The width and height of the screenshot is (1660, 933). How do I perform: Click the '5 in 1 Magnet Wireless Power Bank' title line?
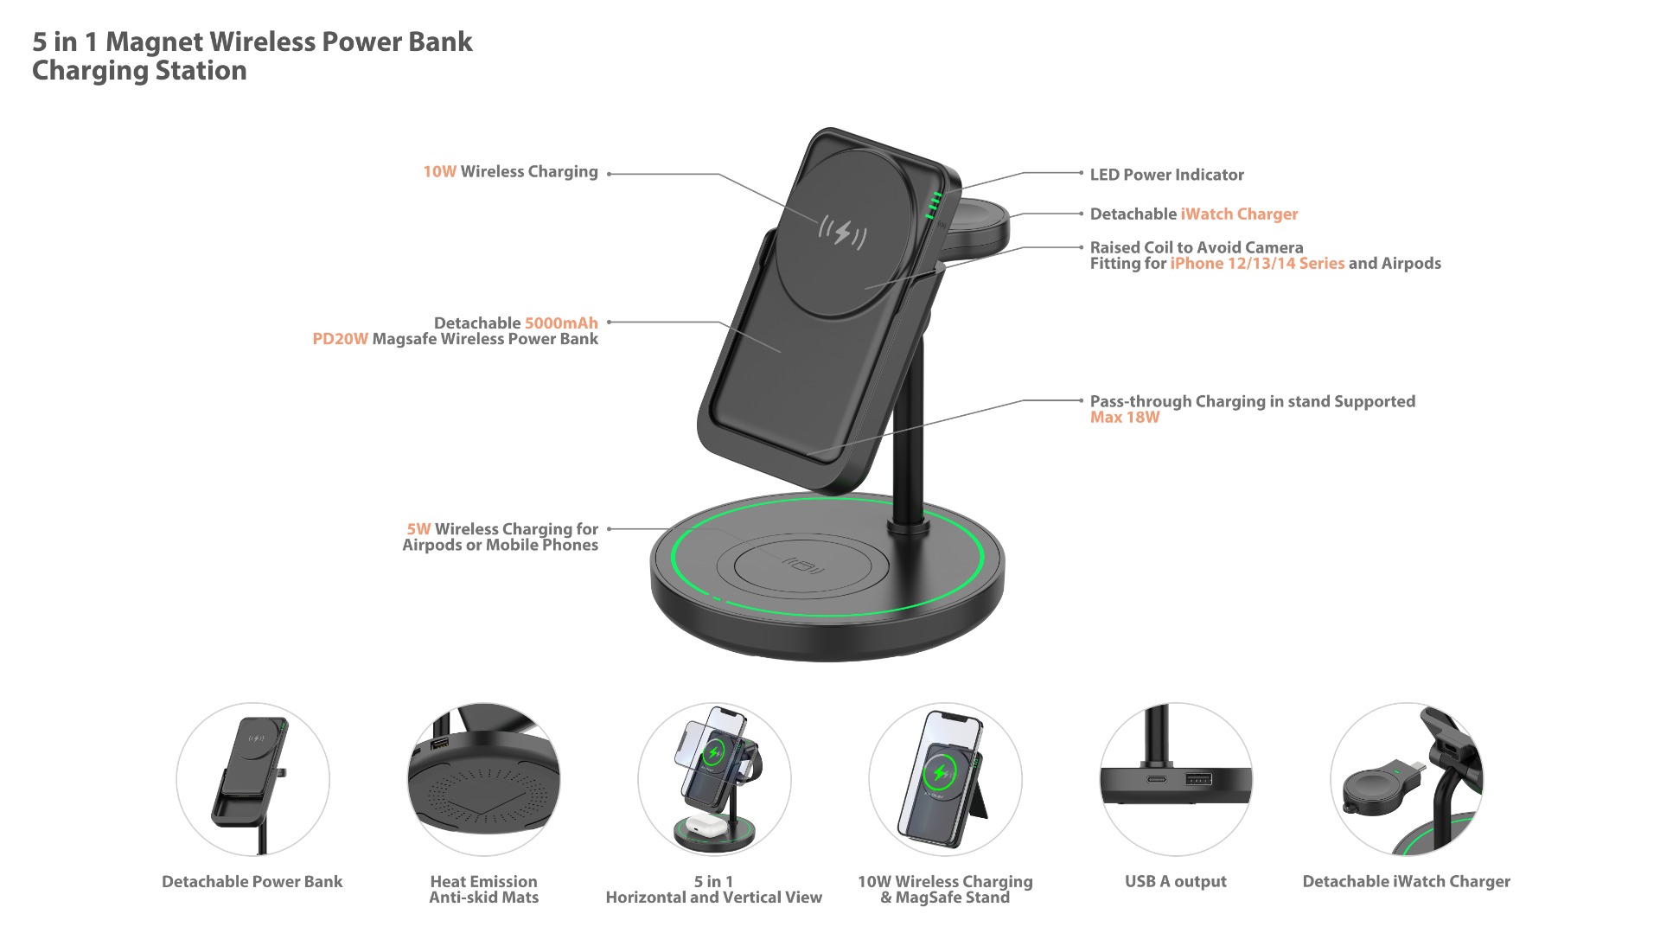click(x=252, y=42)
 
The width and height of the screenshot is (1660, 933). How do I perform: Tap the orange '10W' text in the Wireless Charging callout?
click(x=439, y=171)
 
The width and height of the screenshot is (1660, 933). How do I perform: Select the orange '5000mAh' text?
click(x=561, y=323)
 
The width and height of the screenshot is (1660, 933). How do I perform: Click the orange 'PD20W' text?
click(x=340, y=339)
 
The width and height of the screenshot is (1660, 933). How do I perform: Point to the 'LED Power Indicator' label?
click(x=1166, y=175)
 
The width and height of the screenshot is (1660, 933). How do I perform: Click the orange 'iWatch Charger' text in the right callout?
click(x=1239, y=214)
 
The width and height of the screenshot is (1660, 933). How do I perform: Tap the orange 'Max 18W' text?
click(x=1124, y=417)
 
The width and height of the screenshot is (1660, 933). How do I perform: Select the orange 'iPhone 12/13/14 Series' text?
click(x=1257, y=263)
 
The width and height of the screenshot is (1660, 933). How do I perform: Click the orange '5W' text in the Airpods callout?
click(x=418, y=528)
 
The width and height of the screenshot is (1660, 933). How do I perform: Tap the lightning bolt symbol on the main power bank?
click(x=842, y=232)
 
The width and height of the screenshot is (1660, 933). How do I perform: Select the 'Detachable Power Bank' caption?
click(x=252, y=881)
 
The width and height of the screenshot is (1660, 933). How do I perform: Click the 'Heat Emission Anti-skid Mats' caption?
click(x=483, y=889)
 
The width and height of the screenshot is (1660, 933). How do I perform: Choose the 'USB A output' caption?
click(x=1175, y=881)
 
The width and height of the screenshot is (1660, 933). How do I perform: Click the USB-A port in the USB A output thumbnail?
click(x=1198, y=779)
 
